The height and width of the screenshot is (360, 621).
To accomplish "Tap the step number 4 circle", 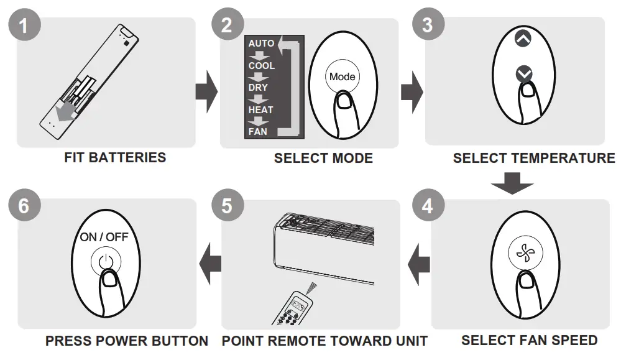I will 427,205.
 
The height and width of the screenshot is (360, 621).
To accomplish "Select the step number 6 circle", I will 24,205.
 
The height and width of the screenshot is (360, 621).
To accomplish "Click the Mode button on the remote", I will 342,76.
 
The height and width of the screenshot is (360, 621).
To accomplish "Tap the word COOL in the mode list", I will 261,65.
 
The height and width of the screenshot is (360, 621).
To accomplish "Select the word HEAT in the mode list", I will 260,109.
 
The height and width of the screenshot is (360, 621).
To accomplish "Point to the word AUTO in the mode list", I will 261,44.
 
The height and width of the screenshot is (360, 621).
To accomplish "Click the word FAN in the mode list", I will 258,131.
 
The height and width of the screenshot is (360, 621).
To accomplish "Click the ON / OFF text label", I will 104,237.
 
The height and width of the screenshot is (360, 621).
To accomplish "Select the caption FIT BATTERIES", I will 115,157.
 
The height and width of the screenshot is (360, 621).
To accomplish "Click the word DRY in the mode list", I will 258,88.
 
